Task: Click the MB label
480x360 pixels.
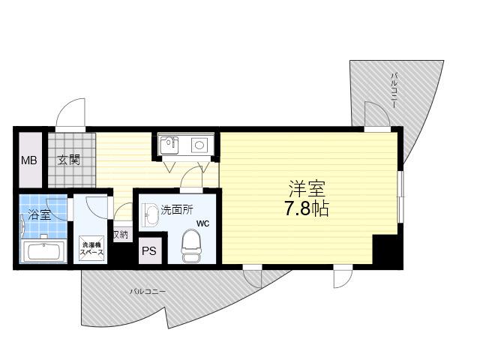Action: click(29, 160)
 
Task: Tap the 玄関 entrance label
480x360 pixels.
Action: click(69, 160)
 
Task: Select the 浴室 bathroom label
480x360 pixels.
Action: click(40, 214)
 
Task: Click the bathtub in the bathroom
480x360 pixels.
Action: click(43, 252)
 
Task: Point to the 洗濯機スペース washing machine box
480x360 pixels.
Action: click(91, 248)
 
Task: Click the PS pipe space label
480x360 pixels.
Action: click(149, 251)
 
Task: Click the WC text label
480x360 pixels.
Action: click(203, 223)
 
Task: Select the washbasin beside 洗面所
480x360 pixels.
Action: click(150, 214)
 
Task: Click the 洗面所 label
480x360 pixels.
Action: click(177, 210)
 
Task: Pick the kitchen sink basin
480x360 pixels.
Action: click(169, 145)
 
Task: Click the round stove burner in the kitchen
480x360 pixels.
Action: click(199, 144)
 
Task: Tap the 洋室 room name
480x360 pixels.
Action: click(307, 188)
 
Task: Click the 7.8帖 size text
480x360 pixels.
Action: click(307, 208)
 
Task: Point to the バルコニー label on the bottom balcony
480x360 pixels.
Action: click(147, 292)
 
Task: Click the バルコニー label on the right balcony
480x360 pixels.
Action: click(394, 90)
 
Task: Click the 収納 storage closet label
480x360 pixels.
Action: click(121, 235)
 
